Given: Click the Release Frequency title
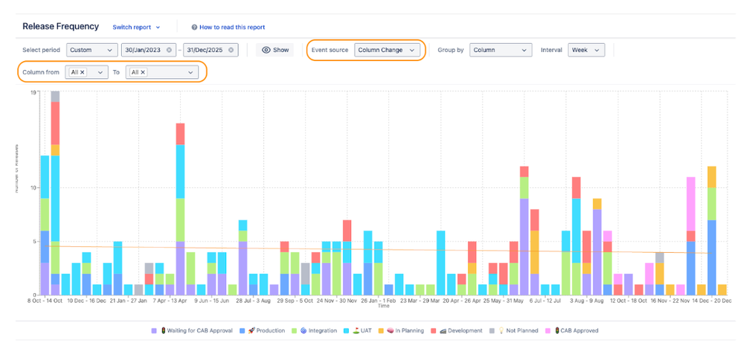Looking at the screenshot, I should pyautogui.click(x=60, y=27).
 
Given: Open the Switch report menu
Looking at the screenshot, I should pyautogui.click(x=136, y=28).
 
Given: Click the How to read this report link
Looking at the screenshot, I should pyautogui.click(x=228, y=28).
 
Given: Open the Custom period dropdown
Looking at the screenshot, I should pyautogui.click(x=91, y=50).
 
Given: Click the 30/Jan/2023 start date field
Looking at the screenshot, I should pyautogui.click(x=148, y=50).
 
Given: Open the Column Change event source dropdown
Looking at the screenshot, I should pyautogui.click(x=386, y=50).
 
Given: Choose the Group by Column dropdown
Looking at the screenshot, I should pyautogui.click(x=500, y=50).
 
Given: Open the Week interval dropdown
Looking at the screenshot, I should pyautogui.click(x=585, y=50).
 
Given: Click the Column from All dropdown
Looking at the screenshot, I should pyautogui.click(x=86, y=72).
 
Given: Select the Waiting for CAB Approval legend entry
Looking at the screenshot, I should pyautogui.click(x=196, y=330).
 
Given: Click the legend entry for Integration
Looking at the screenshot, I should pyautogui.click(x=317, y=330).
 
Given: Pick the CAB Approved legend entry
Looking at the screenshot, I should pyautogui.click(x=576, y=330).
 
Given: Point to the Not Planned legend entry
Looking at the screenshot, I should pyautogui.click(x=519, y=330).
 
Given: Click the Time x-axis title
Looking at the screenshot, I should pyautogui.click(x=382, y=306).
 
